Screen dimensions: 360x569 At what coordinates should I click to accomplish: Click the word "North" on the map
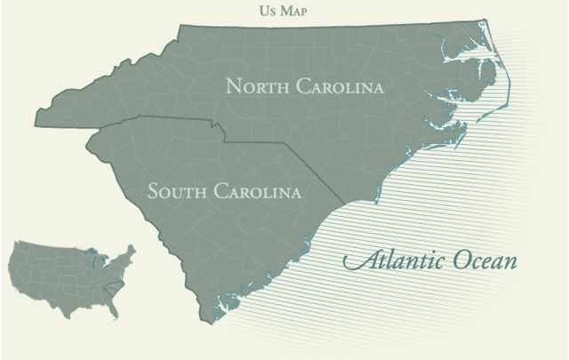[x=258, y=87]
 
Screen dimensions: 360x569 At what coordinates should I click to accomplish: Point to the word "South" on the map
[x=179, y=191]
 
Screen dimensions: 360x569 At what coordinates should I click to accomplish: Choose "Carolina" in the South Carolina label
[x=259, y=191]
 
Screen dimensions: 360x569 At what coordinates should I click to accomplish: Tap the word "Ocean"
[x=480, y=262]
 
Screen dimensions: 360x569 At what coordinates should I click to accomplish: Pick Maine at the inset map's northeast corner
[x=132, y=250]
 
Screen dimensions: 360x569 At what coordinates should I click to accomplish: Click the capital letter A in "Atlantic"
[x=354, y=262]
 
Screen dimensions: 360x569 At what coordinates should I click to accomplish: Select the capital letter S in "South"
[x=154, y=191]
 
